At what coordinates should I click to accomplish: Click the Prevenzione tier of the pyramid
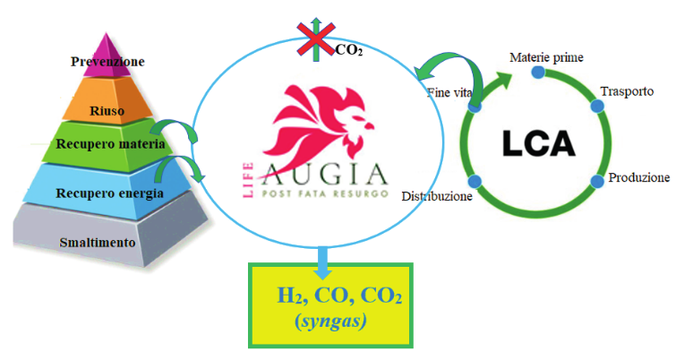pyautogui.click(x=108, y=61)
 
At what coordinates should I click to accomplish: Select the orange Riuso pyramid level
pyautogui.click(x=108, y=110)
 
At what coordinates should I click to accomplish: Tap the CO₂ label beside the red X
pyautogui.click(x=349, y=49)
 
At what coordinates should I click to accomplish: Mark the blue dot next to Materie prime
pyautogui.click(x=537, y=72)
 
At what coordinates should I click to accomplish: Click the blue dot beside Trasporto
pyautogui.click(x=597, y=106)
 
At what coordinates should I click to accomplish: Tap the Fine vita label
pyautogui.click(x=445, y=93)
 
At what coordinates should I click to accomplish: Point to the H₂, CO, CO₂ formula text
pyautogui.click(x=339, y=296)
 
